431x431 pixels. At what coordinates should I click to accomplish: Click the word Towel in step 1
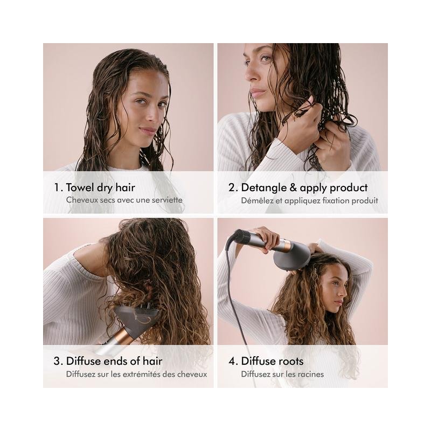pyautogui.click(x=80, y=187)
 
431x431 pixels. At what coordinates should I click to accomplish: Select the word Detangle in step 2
pyautogui.click(x=264, y=188)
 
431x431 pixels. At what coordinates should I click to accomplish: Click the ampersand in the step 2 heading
pyautogui.click(x=293, y=187)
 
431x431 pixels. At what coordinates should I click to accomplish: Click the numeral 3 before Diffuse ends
pyautogui.click(x=57, y=361)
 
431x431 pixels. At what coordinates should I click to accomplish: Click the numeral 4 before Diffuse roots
pyautogui.click(x=232, y=361)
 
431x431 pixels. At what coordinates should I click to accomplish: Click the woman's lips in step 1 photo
pyautogui.click(x=147, y=130)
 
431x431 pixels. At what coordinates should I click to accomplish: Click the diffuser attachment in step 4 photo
pyautogui.click(x=292, y=258)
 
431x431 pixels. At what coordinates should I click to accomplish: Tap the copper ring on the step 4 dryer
pyautogui.click(x=285, y=245)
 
